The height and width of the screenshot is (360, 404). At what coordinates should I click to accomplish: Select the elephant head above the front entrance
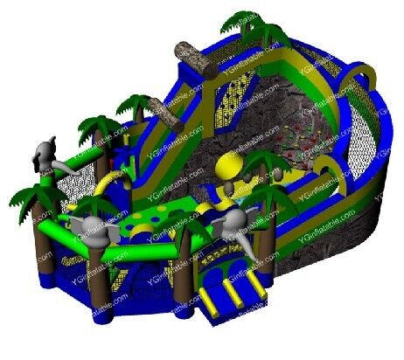click(230, 229)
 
